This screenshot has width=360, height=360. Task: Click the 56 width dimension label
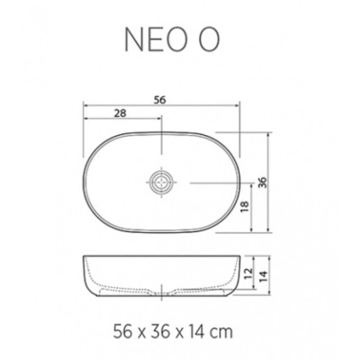point(160,100)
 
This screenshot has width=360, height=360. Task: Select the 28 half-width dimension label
point(120,113)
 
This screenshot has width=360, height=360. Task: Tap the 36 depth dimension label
point(262,183)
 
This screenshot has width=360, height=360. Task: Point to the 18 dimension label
point(245,207)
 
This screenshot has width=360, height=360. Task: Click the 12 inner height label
point(248,274)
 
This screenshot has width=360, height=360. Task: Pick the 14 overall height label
point(262,274)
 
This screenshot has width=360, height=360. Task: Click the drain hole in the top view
point(162,182)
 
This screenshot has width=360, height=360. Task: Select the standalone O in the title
point(209,40)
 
